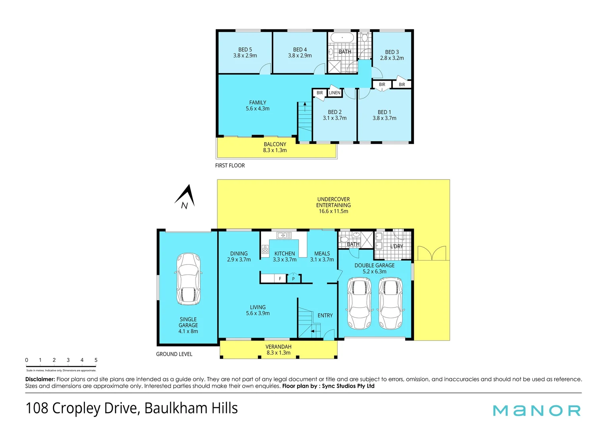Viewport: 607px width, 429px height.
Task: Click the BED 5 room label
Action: coord(245,50)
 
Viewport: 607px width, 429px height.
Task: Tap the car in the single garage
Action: coord(188,279)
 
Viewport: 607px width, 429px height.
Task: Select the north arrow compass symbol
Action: coord(186,197)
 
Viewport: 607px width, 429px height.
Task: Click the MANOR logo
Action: coord(537,410)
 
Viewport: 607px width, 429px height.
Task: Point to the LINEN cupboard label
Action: coord(334,93)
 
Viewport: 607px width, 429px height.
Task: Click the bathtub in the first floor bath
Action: coord(342,38)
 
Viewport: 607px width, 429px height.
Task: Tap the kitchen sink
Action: coord(284,235)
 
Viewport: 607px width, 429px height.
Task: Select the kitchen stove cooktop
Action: coord(265,249)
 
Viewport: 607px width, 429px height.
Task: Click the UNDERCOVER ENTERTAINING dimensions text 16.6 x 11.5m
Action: coord(333,211)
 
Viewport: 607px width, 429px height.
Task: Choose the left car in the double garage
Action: coord(360,303)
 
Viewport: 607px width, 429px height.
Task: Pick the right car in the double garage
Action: coord(390,303)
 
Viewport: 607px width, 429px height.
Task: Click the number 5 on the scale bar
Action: coord(96,360)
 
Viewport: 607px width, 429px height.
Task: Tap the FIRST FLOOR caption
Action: coord(230,166)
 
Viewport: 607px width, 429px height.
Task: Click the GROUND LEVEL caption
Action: coord(174,354)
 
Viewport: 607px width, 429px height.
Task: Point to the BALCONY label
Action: coord(275,144)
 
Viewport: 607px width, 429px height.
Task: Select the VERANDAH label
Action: coord(278,347)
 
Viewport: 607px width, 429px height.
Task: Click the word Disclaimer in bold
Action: coord(40,379)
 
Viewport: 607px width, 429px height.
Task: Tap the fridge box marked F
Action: coord(280,279)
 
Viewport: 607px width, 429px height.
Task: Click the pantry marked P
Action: coord(293,279)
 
